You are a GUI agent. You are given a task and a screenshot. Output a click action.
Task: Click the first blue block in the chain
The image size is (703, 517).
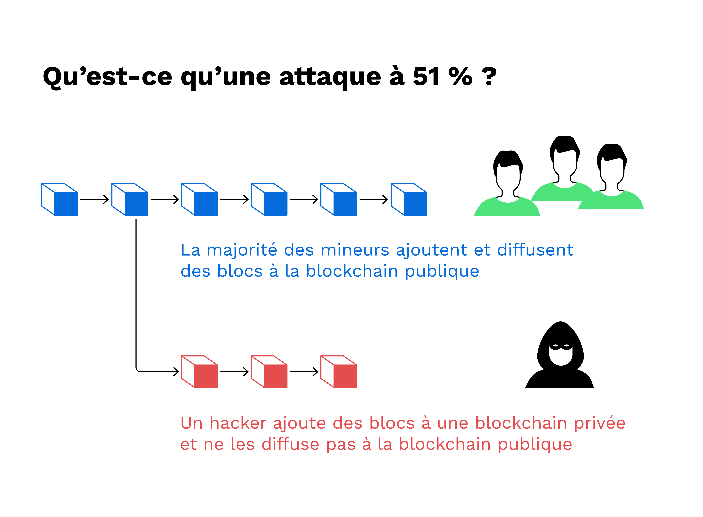tap(59, 199)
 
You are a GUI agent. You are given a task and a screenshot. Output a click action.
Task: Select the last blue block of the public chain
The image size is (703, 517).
tap(409, 199)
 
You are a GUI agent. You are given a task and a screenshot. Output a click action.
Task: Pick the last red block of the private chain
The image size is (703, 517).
tap(339, 372)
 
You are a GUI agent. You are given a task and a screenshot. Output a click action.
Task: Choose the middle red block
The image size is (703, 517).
tap(269, 372)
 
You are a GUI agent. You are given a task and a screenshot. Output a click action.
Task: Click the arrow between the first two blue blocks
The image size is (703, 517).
tap(94, 199)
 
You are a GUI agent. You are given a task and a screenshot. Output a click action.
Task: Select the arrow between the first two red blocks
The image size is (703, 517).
tap(234, 372)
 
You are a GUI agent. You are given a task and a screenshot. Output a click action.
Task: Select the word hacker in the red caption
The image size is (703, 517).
tap(238, 423)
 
